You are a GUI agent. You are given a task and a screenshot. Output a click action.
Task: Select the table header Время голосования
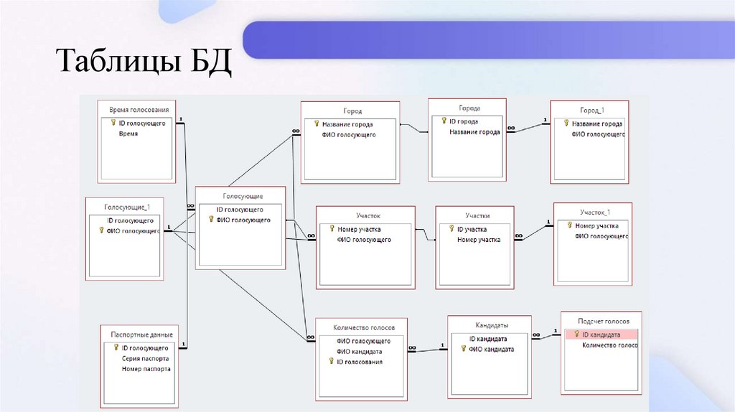[x=139, y=110]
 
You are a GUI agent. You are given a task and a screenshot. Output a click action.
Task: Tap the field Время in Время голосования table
[x=128, y=134]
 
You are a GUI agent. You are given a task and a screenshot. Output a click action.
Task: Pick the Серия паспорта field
[x=146, y=358]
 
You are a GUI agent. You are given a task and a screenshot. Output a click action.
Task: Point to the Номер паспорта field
[x=146, y=369]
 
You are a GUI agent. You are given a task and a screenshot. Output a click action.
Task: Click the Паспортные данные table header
[x=141, y=335]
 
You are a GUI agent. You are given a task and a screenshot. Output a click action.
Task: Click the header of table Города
[x=468, y=108]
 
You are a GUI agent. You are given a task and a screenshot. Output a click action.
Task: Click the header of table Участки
[x=477, y=215]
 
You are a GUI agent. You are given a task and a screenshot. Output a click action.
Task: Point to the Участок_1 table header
[x=595, y=212]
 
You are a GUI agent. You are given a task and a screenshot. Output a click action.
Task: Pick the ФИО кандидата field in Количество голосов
[x=359, y=352]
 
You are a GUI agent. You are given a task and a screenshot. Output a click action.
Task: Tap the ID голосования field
[x=359, y=362]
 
